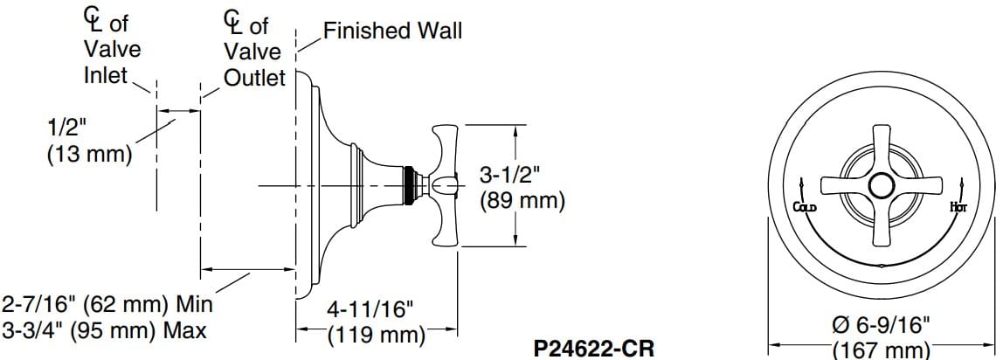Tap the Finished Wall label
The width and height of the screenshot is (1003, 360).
392,31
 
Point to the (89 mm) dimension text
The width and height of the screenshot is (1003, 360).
522,200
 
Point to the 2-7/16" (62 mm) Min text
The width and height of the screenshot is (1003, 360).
107,306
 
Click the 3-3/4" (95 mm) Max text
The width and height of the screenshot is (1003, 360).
105,331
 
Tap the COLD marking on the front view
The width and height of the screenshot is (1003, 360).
804,207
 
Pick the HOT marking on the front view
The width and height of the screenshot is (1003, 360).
957,207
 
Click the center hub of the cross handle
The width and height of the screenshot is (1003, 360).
881,184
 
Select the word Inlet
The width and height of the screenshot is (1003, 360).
106,76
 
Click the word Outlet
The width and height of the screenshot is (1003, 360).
254,78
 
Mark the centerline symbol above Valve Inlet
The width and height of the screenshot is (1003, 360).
90,18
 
